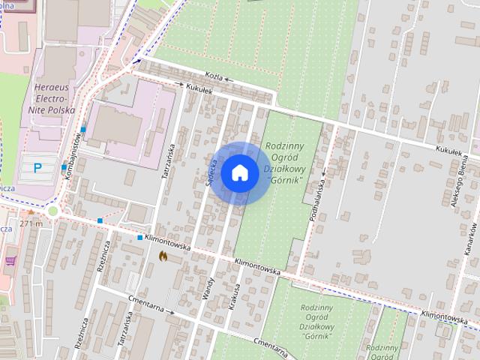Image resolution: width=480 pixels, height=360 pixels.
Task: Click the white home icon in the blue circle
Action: pos(239,173)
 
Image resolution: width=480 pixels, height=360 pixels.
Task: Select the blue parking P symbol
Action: pos(37,167)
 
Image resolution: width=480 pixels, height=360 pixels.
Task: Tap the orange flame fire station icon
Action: pos(163,256)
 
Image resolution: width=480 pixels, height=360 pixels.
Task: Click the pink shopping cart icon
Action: pos(10,261)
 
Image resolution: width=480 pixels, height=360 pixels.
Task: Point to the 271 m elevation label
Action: pos(31,223)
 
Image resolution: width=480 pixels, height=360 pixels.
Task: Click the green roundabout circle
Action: pos(52,211)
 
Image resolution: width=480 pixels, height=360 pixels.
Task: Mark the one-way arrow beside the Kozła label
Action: pos(227,79)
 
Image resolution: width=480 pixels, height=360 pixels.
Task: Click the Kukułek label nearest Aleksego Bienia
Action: pos(448,151)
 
